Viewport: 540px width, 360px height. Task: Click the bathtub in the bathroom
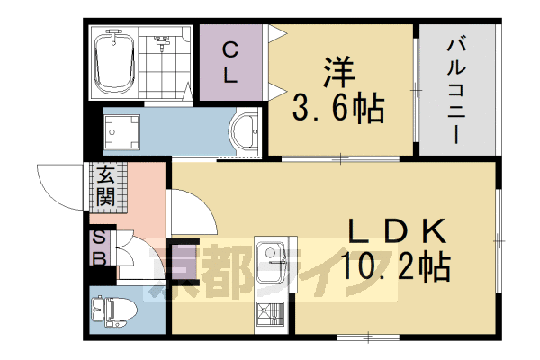click(x=115, y=61)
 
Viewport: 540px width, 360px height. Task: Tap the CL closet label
click(x=230, y=62)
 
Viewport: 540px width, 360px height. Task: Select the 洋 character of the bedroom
click(x=337, y=72)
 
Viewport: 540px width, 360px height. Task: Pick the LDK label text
click(x=395, y=232)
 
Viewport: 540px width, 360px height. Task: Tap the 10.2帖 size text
click(x=395, y=267)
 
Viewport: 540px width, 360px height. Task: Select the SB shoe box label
click(x=100, y=247)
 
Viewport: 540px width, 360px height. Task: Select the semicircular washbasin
click(x=244, y=133)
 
